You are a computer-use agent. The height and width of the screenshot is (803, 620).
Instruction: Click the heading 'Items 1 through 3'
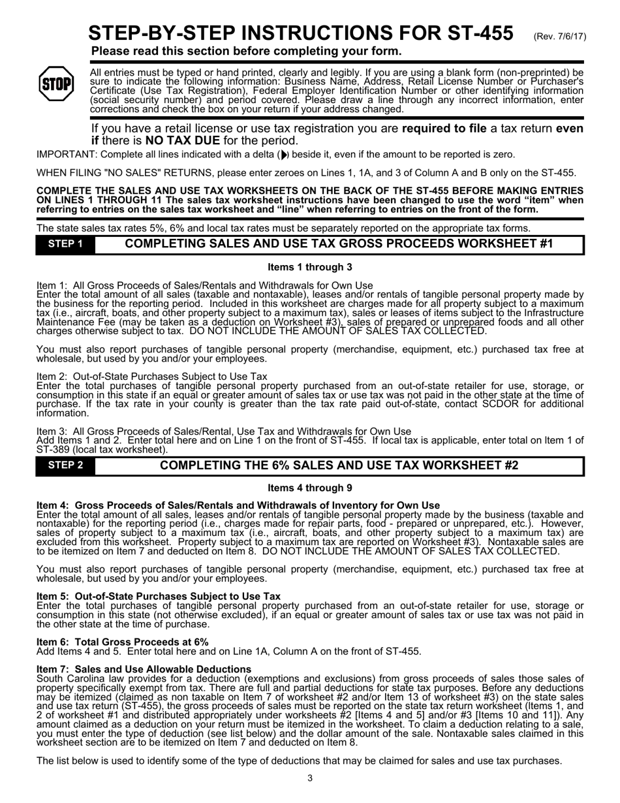(310, 267)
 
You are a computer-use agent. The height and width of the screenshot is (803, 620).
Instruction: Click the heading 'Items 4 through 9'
(310, 488)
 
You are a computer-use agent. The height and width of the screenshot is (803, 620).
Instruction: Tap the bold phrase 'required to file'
(444, 129)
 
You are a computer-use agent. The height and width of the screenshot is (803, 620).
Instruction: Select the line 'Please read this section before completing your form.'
(246, 51)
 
